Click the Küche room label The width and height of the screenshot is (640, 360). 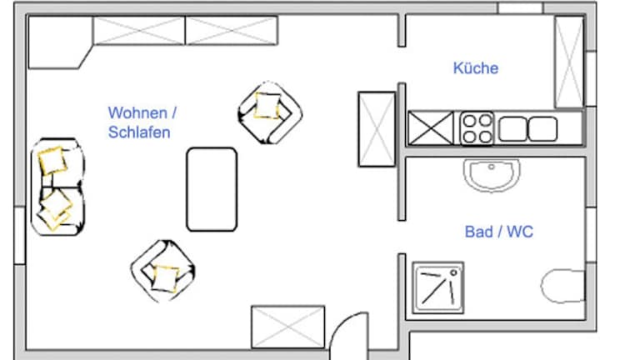[x=476, y=68]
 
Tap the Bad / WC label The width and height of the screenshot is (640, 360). [x=498, y=232]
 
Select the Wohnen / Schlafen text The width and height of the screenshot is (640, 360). [x=142, y=122]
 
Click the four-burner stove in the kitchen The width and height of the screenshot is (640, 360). [x=477, y=129]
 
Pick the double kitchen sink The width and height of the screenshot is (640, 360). [x=528, y=129]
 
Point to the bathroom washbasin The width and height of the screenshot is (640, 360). [x=491, y=176]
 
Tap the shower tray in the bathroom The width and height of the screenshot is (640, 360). [x=438, y=287]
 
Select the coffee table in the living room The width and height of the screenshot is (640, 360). [x=212, y=189]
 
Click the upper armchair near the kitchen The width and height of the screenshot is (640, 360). [x=269, y=112]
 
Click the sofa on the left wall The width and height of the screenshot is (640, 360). [x=58, y=186]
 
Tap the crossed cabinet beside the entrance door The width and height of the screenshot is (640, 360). [x=287, y=327]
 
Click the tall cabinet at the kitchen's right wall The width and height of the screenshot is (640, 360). [x=570, y=62]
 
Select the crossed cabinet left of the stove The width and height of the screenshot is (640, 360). [x=430, y=129]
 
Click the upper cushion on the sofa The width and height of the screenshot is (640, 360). [x=53, y=159]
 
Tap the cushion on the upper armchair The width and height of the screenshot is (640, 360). [x=267, y=107]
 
